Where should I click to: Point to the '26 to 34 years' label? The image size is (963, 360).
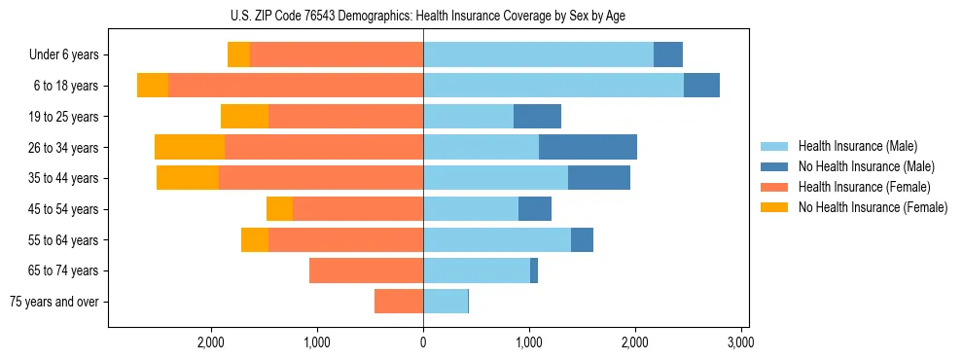click(64, 147)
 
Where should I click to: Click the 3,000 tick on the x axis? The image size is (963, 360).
click(740, 343)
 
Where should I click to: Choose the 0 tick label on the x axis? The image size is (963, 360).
click(423, 343)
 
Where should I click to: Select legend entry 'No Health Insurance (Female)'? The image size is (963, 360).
click(873, 207)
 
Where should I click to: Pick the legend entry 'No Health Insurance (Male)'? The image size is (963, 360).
click(866, 166)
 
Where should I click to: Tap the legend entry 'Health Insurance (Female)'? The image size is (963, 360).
click(864, 187)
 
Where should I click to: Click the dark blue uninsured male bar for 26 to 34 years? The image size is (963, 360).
click(588, 147)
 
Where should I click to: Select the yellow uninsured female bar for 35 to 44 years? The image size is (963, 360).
click(188, 178)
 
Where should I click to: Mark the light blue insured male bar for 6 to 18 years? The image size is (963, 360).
click(553, 86)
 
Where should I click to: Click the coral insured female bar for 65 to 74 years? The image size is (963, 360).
click(366, 270)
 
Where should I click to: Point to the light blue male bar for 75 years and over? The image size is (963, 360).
click(446, 302)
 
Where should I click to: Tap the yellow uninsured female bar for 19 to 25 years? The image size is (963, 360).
click(244, 117)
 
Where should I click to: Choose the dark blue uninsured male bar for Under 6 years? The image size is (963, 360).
click(668, 54)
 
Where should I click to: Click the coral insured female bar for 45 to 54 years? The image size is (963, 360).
click(358, 209)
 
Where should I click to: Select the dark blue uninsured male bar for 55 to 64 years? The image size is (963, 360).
click(582, 239)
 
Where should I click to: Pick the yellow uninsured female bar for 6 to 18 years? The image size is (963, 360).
click(153, 86)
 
